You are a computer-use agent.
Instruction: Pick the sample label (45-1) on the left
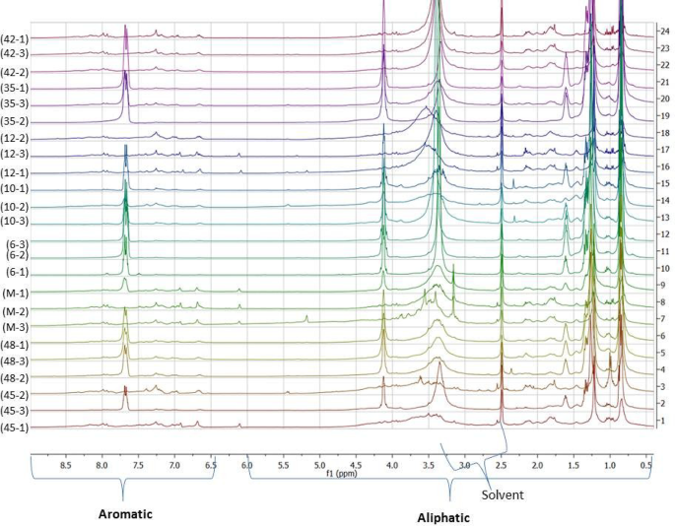(15, 427)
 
